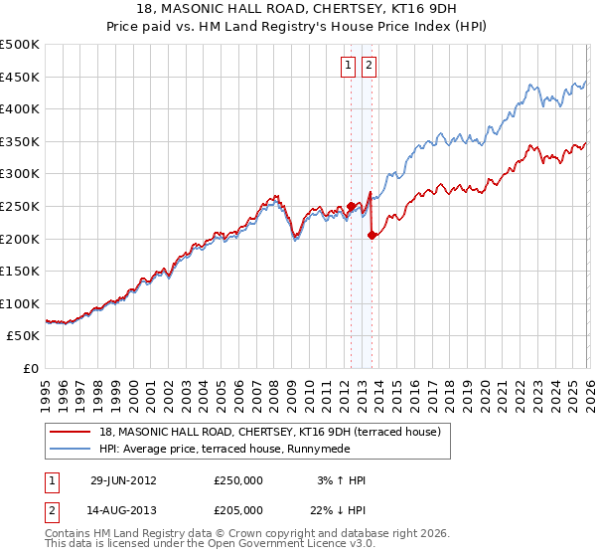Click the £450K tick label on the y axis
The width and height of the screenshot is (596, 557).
[20, 77]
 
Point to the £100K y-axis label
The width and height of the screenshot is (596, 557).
[20, 303]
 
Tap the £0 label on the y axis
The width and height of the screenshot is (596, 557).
[31, 369]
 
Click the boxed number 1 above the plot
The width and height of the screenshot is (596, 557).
[349, 67]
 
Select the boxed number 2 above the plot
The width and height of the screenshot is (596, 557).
[369, 67]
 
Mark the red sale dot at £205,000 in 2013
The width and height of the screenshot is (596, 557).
[372, 235]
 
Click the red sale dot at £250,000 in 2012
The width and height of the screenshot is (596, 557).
[351, 206]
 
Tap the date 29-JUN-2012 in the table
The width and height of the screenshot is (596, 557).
[124, 480]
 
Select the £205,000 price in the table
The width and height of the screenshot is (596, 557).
[238, 509]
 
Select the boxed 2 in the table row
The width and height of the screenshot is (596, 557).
[52, 509]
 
